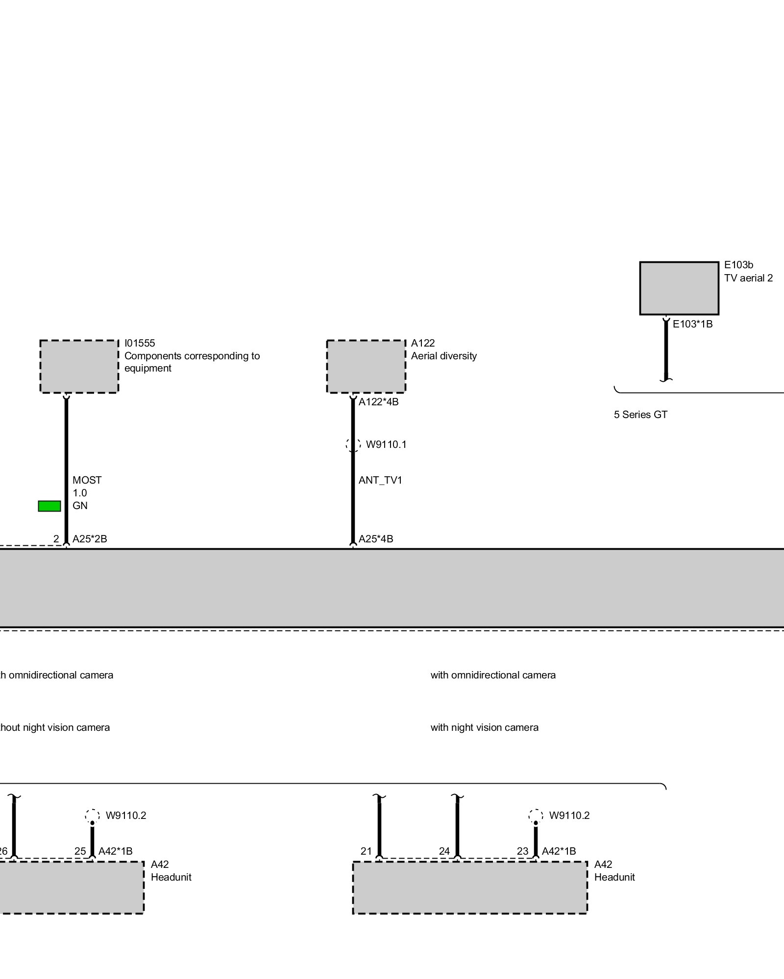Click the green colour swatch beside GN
point(49,506)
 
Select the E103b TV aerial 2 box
point(679,288)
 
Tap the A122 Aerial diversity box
point(366,367)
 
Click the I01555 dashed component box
point(79,367)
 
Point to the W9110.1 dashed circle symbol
point(353,444)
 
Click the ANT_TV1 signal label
point(380,480)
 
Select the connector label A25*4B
point(376,539)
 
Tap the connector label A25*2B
point(90,539)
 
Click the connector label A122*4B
point(378,402)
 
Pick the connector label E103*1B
point(692,324)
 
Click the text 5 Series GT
point(640,415)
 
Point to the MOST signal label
point(87,480)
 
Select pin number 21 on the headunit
point(366,851)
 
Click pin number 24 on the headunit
point(444,851)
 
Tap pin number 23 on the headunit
point(522,851)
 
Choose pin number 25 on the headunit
point(80,851)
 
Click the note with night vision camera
point(484,727)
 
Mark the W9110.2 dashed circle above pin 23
point(536,816)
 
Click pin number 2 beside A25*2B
point(56,539)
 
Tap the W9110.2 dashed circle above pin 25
point(92,816)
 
